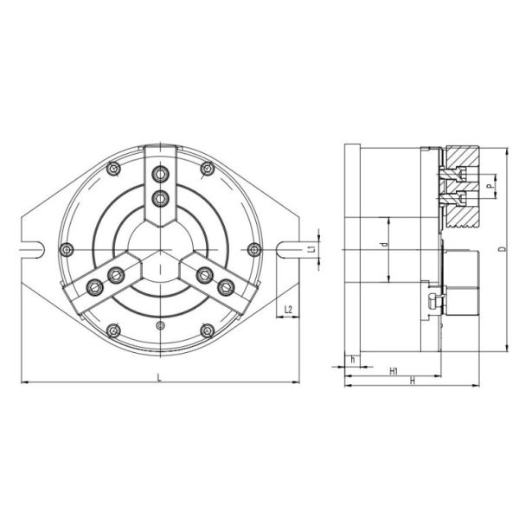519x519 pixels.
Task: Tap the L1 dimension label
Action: (311, 249)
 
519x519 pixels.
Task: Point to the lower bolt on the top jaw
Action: (158, 198)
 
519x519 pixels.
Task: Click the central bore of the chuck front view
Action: (158, 250)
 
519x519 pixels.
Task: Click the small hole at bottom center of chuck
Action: (159, 325)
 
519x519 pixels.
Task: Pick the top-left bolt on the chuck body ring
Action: (112, 170)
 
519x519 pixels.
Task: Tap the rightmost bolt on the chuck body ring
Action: (253, 250)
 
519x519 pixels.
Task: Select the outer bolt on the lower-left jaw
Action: (93, 286)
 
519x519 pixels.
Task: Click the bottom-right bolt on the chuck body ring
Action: (206, 330)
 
